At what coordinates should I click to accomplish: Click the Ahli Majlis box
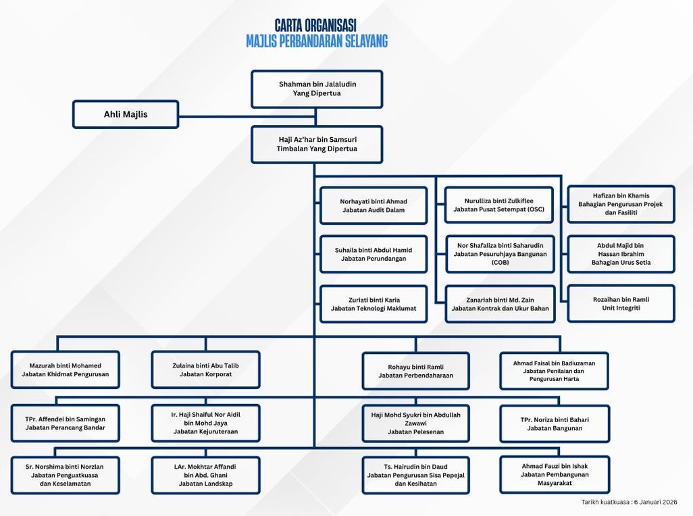coord(126,115)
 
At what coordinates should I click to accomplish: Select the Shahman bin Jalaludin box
coord(317,89)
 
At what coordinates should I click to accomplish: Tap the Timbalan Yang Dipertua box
coord(317,145)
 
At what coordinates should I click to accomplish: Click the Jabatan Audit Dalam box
coord(374,205)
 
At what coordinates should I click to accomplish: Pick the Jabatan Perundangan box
coord(374,254)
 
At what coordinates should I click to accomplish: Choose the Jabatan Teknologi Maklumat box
coord(374,304)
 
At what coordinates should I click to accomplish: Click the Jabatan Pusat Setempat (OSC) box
coord(499,205)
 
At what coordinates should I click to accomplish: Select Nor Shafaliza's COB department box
coord(499,254)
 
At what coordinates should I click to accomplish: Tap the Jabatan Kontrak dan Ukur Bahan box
coord(500,304)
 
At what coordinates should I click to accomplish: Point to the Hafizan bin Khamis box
coord(621,204)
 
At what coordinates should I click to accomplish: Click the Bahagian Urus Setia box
coord(621,254)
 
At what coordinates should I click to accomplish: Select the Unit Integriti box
coord(621,304)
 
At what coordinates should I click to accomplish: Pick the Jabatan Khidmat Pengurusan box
coord(66,369)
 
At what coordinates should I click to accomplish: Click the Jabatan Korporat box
coord(205,369)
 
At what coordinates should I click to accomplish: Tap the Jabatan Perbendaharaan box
coord(415,371)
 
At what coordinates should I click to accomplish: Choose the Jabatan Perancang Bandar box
coord(66,423)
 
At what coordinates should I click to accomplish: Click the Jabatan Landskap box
coord(205,475)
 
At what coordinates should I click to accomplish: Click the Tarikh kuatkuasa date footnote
coord(629,502)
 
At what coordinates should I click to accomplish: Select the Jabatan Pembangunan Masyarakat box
coord(555,475)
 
